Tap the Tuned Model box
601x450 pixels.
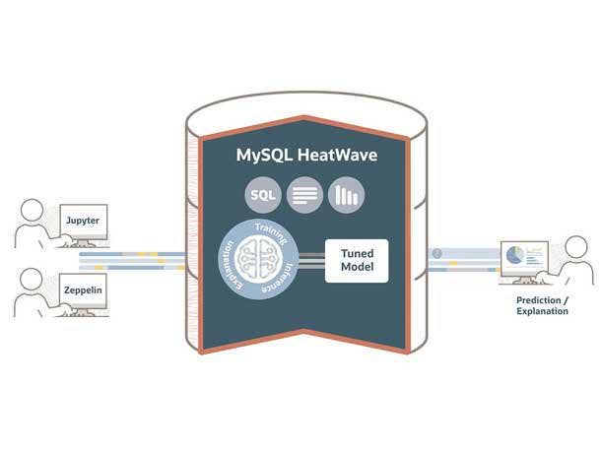[x=356, y=261]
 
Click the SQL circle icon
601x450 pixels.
[x=263, y=195]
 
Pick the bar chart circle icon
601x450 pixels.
[x=346, y=195]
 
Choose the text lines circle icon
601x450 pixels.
[x=304, y=195]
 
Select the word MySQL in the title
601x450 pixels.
[x=261, y=156]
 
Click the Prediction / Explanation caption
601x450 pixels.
[x=542, y=305]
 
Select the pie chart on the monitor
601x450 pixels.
[x=513, y=256]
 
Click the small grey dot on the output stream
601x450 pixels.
[x=436, y=253]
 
